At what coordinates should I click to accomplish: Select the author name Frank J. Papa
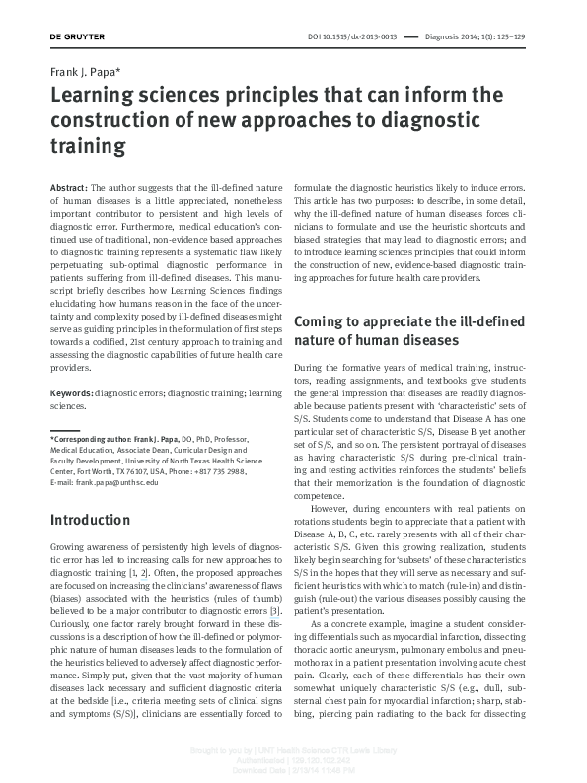[x=88, y=74]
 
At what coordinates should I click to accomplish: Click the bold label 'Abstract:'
[x=68, y=187]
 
